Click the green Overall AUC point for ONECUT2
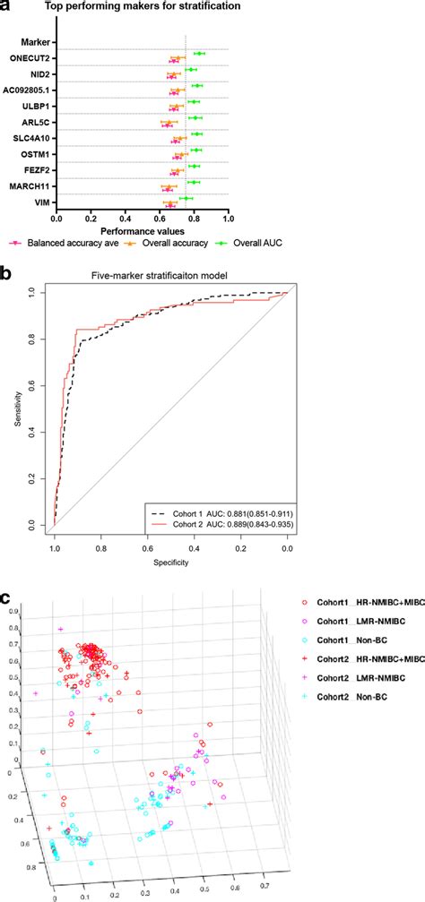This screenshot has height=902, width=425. (199, 55)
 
